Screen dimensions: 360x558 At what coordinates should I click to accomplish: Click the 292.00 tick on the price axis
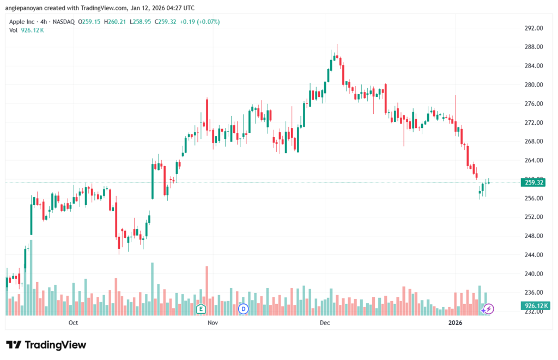click(x=534, y=28)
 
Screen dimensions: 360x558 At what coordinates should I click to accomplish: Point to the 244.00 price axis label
click(x=534, y=255)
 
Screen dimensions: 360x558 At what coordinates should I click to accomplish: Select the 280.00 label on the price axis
click(x=534, y=85)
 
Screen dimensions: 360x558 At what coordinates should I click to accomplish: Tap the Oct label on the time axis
click(x=74, y=323)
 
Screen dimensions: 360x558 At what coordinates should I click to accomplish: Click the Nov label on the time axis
click(x=213, y=323)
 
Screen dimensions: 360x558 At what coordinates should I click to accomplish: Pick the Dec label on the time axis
click(x=325, y=323)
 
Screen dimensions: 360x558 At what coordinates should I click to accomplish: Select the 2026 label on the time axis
click(x=455, y=323)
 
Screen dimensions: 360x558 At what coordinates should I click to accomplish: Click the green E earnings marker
click(x=201, y=309)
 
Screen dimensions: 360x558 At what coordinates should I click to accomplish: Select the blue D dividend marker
click(x=244, y=309)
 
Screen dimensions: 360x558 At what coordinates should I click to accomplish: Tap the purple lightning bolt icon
click(x=489, y=309)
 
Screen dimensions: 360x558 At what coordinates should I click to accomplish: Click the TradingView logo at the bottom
click(x=46, y=345)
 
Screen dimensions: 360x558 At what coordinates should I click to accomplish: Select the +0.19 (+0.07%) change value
click(x=197, y=22)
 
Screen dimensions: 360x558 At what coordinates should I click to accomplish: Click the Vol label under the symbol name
click(x=14, y=30)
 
